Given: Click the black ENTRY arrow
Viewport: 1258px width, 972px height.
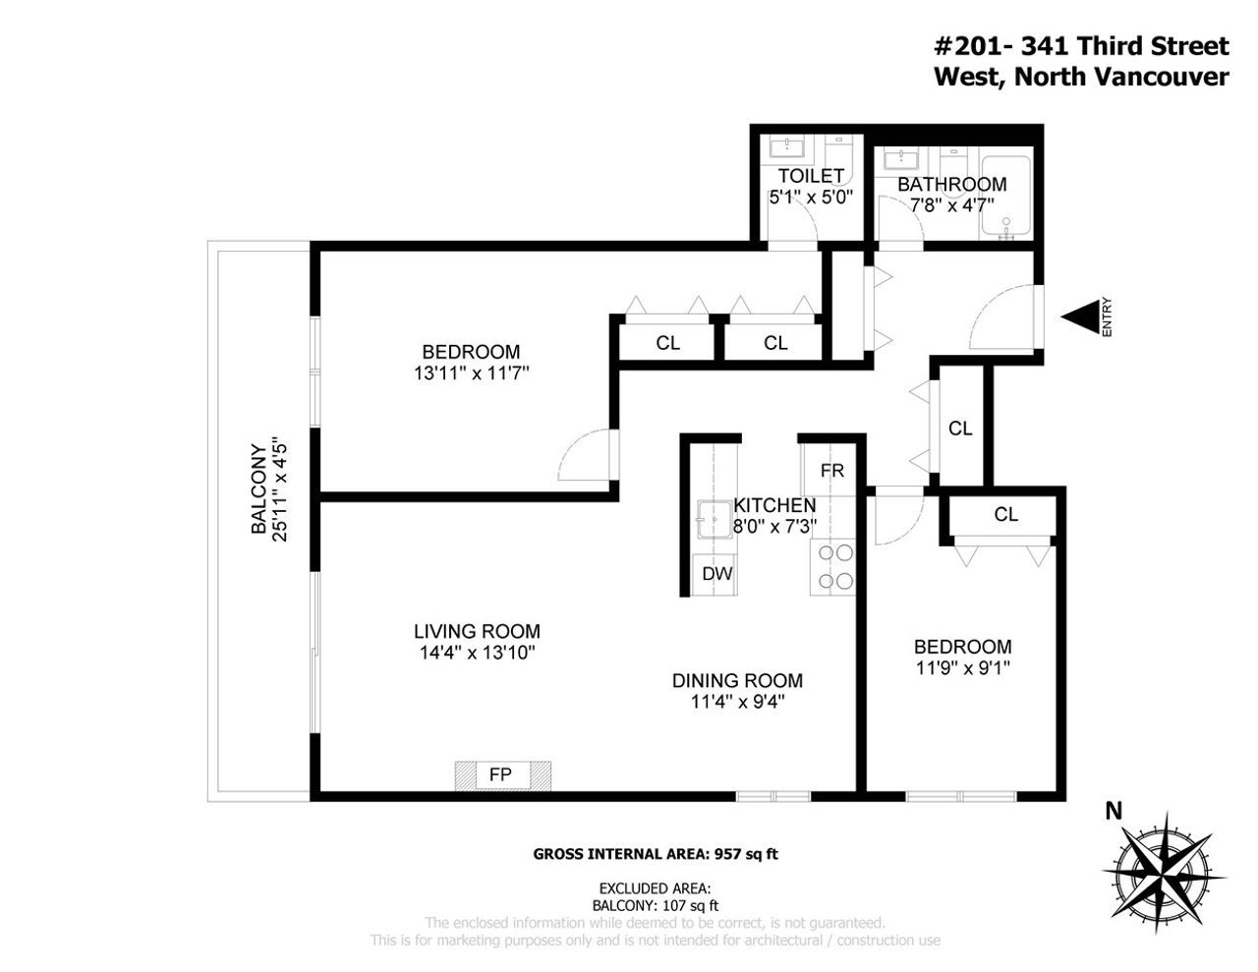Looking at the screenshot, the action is pos(1080,316).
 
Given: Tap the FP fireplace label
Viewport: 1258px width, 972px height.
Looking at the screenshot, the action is pos(500,774).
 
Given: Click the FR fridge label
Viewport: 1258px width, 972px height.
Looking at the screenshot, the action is pos(831,471).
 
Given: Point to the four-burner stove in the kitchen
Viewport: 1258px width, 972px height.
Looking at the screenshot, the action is pos(832,567).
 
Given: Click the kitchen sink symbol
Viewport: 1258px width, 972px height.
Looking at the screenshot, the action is pos(715,519).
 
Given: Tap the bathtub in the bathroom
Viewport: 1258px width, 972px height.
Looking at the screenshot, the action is pos(1005,198).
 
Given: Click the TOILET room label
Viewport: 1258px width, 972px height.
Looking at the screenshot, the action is pos(811,175).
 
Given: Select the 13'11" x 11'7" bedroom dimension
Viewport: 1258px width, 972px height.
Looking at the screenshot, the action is pos(471,373).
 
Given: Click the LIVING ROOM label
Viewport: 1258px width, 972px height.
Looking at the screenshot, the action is pos(477,631).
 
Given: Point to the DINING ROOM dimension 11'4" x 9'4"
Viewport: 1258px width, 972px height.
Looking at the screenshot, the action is pos(737,702).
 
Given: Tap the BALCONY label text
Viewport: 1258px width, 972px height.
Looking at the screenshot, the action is pos(258,489).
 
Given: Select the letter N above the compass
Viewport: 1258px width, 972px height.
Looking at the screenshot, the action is pos(1114,811).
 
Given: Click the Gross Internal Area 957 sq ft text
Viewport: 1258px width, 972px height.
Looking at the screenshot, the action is pos(656,854).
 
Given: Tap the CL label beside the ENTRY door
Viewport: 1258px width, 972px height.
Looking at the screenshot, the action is pos(960,429).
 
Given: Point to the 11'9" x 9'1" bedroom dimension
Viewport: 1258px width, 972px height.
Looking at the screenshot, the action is pos(963,668).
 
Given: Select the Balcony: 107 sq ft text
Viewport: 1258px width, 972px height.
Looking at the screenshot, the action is pos(656,905).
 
